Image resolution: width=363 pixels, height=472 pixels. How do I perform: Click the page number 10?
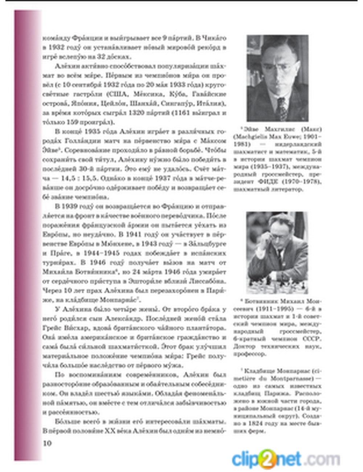point(47,443)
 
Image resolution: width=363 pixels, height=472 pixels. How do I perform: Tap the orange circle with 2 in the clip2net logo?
point(267,458)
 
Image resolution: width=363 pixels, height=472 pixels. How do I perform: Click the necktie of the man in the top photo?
point(282,108)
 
